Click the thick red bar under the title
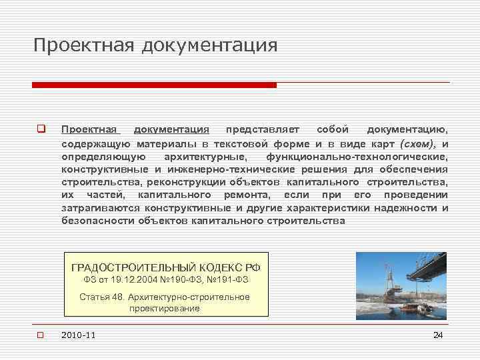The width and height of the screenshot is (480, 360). (x=154, y=85)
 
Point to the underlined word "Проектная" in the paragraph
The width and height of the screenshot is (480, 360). (x=89, y=129)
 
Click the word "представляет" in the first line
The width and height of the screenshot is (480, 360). (x=263, y=129)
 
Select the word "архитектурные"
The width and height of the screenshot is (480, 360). (x=205, y=157)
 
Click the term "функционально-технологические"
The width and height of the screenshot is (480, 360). (x=357, y=157)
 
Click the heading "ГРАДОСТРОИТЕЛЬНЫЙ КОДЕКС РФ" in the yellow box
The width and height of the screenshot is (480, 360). (x=166, y=267)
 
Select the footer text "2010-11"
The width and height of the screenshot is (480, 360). (x=78, y=335)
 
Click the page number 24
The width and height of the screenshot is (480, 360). (x=438, y=335)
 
